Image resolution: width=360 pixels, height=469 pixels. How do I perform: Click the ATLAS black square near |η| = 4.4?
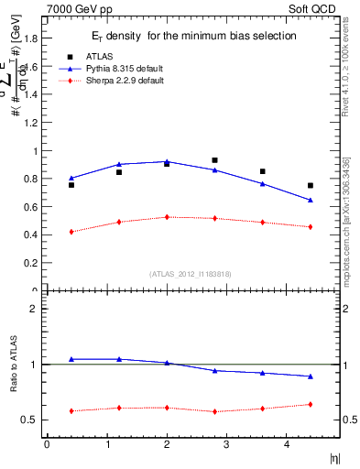[311, 186]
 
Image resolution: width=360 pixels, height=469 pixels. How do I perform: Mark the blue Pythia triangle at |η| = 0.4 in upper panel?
[71, 178]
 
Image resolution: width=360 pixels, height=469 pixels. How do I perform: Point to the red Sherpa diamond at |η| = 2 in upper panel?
[167, 217]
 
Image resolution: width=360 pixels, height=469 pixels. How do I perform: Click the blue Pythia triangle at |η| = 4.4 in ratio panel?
[311, 376]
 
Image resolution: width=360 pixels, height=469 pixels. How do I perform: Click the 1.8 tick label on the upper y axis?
[29, 38]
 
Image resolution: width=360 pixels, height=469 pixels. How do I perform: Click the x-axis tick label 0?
[47, 445]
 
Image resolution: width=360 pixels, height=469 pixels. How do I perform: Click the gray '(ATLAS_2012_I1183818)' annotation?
[191, 273]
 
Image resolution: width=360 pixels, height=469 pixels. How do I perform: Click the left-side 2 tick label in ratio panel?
[33, 309]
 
